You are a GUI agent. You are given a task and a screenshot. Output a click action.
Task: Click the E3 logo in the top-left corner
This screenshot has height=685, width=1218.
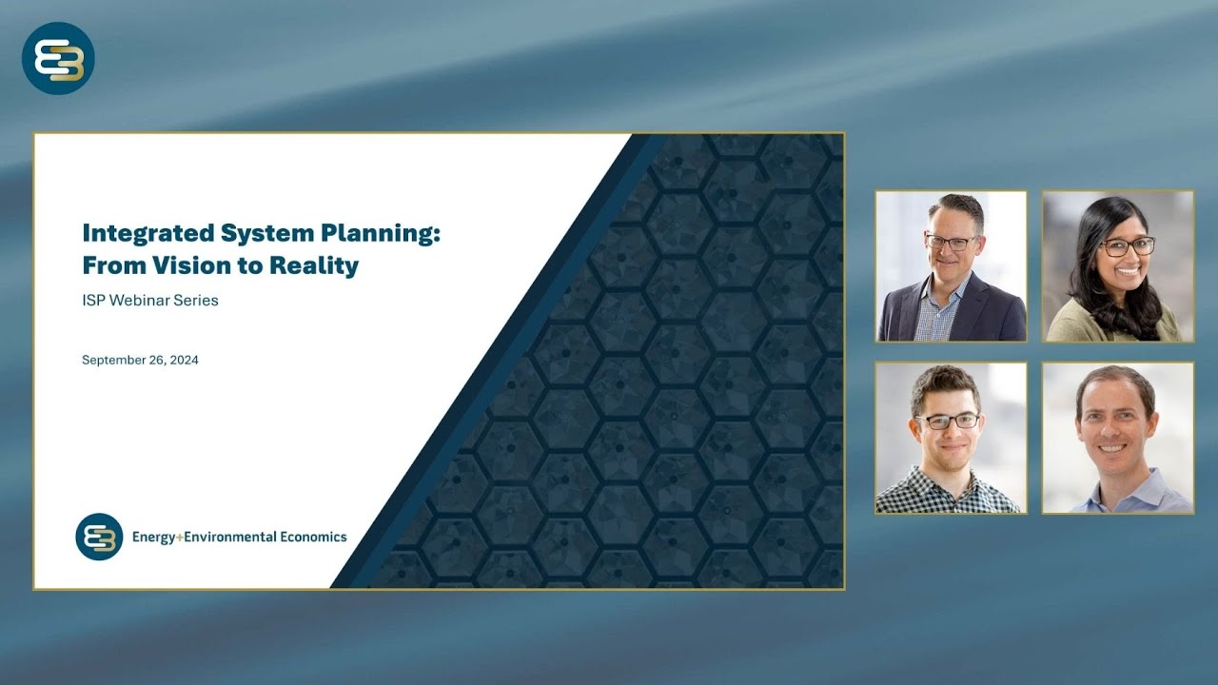pyautogui.click(x=58, y=58)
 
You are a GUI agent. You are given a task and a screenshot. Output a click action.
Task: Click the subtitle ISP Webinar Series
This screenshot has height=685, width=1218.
pyautogui.click(x=150, y=301)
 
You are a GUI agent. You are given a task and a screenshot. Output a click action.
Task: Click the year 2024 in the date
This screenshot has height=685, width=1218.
pyautogui.click(x=183, y=361)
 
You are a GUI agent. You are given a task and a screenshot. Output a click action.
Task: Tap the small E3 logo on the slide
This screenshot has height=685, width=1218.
pyautogui.click(x=99, y=537)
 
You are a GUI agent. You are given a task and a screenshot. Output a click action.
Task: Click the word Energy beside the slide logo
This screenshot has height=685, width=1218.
pyautogui.click(x=152, y=537)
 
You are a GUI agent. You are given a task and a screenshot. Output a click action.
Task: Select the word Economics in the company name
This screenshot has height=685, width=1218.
pyautogui.click(x=313, y=537)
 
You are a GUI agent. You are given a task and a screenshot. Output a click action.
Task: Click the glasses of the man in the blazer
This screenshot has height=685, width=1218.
pyautogui.click(x=951, y=243)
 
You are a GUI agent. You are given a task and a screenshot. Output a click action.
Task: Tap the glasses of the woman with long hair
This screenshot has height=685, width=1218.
pyautogui.click(x=1128, y=246)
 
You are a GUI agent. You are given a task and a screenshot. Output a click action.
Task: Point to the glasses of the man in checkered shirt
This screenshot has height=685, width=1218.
pyautogui.click(x=947, y=421)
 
